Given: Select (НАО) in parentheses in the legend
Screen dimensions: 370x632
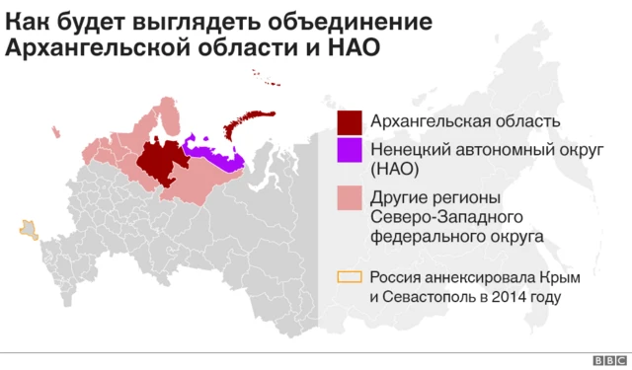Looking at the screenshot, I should click(x=396, y=169).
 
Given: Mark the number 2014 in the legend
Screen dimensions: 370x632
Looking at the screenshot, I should click(x=508, y=296).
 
